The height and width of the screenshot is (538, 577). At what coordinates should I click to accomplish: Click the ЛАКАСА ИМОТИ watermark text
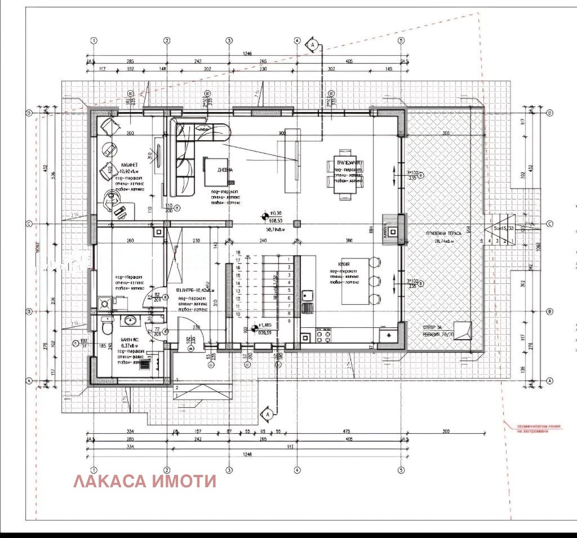(x=145, y=481)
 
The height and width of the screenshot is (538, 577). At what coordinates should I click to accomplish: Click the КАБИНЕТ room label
(x=131, y=165)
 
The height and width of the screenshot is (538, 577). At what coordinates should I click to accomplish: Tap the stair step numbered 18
(x=238, y=253)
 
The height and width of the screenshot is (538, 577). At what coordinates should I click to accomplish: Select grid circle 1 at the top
(x=94, y=41)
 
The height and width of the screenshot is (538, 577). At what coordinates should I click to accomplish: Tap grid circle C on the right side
(x=549, y=224)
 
